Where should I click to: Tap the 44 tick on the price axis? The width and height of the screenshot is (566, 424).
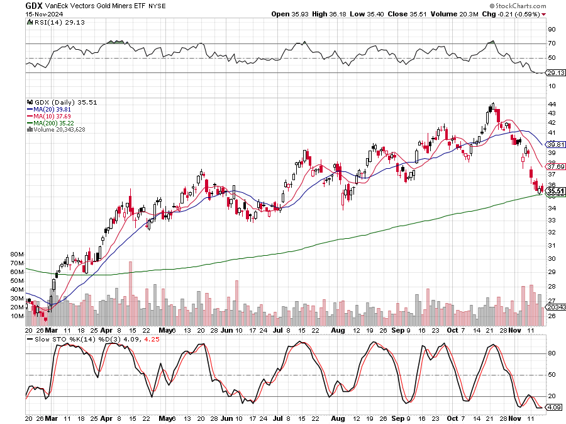[551, 103]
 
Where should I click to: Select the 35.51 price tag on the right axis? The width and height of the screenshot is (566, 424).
[556, 190]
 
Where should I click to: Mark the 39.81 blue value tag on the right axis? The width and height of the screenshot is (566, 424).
[556, 144]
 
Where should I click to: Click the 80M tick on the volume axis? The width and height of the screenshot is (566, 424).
[17, 255]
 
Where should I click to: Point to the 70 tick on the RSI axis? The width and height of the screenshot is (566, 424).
[551, 43]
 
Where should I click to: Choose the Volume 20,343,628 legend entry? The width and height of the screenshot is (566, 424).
[63, 130]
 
